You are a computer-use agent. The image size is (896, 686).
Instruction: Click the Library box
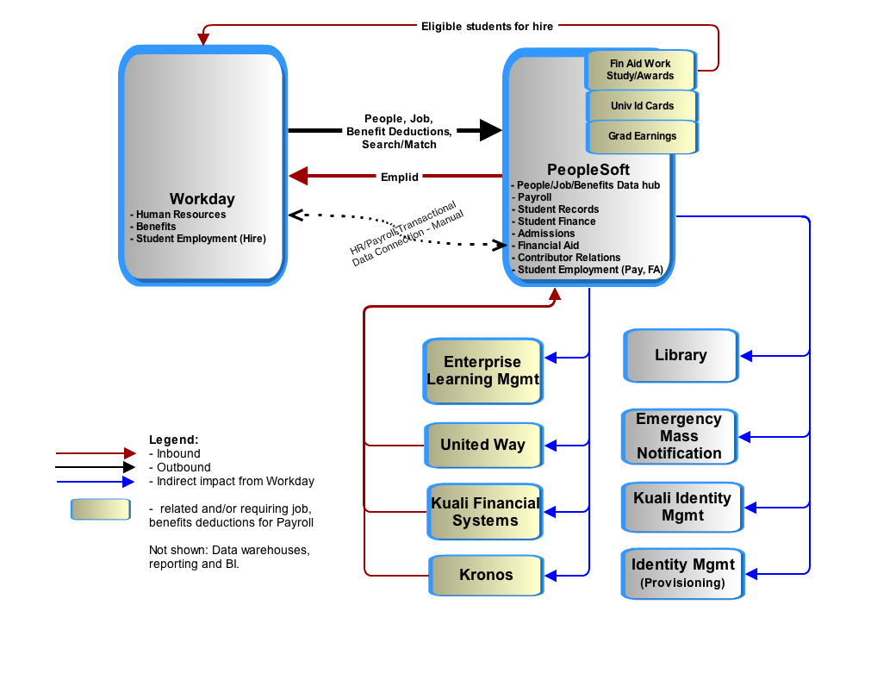coord(681,356)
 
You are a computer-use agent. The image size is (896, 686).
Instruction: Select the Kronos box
coord(486,575)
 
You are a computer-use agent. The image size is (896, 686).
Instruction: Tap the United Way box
coord(483,446)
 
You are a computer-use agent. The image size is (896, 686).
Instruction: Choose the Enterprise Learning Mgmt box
coord(482,371)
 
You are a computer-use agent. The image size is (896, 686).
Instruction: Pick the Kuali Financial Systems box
coord(485,512)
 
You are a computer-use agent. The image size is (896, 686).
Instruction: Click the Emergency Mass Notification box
coord(680,437)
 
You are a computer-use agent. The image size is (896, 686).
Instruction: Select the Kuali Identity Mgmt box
coord(682,507)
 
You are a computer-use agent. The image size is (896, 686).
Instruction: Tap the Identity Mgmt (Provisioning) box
coord(683,574)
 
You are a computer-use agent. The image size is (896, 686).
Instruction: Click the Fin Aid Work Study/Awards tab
coord(641,70)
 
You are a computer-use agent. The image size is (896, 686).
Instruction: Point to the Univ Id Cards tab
coord(643,106)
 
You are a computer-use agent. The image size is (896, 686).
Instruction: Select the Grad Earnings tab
coord(643,137)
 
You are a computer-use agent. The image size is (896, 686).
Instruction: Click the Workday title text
coord(202,199)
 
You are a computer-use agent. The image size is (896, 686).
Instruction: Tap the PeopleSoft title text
coord(588,170)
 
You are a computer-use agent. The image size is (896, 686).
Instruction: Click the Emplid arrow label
coord(400,178)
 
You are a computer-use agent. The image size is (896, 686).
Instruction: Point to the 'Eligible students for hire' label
coord(488,27)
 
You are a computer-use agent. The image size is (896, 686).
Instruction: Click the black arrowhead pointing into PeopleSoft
coord(491,130)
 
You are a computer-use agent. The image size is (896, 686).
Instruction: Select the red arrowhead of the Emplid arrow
coord(299,176)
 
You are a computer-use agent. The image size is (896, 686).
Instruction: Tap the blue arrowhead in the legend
coord(128,482)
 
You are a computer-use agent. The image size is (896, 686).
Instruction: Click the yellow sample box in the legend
coord(101,509)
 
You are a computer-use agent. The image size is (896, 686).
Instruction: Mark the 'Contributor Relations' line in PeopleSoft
coord(569,258)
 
